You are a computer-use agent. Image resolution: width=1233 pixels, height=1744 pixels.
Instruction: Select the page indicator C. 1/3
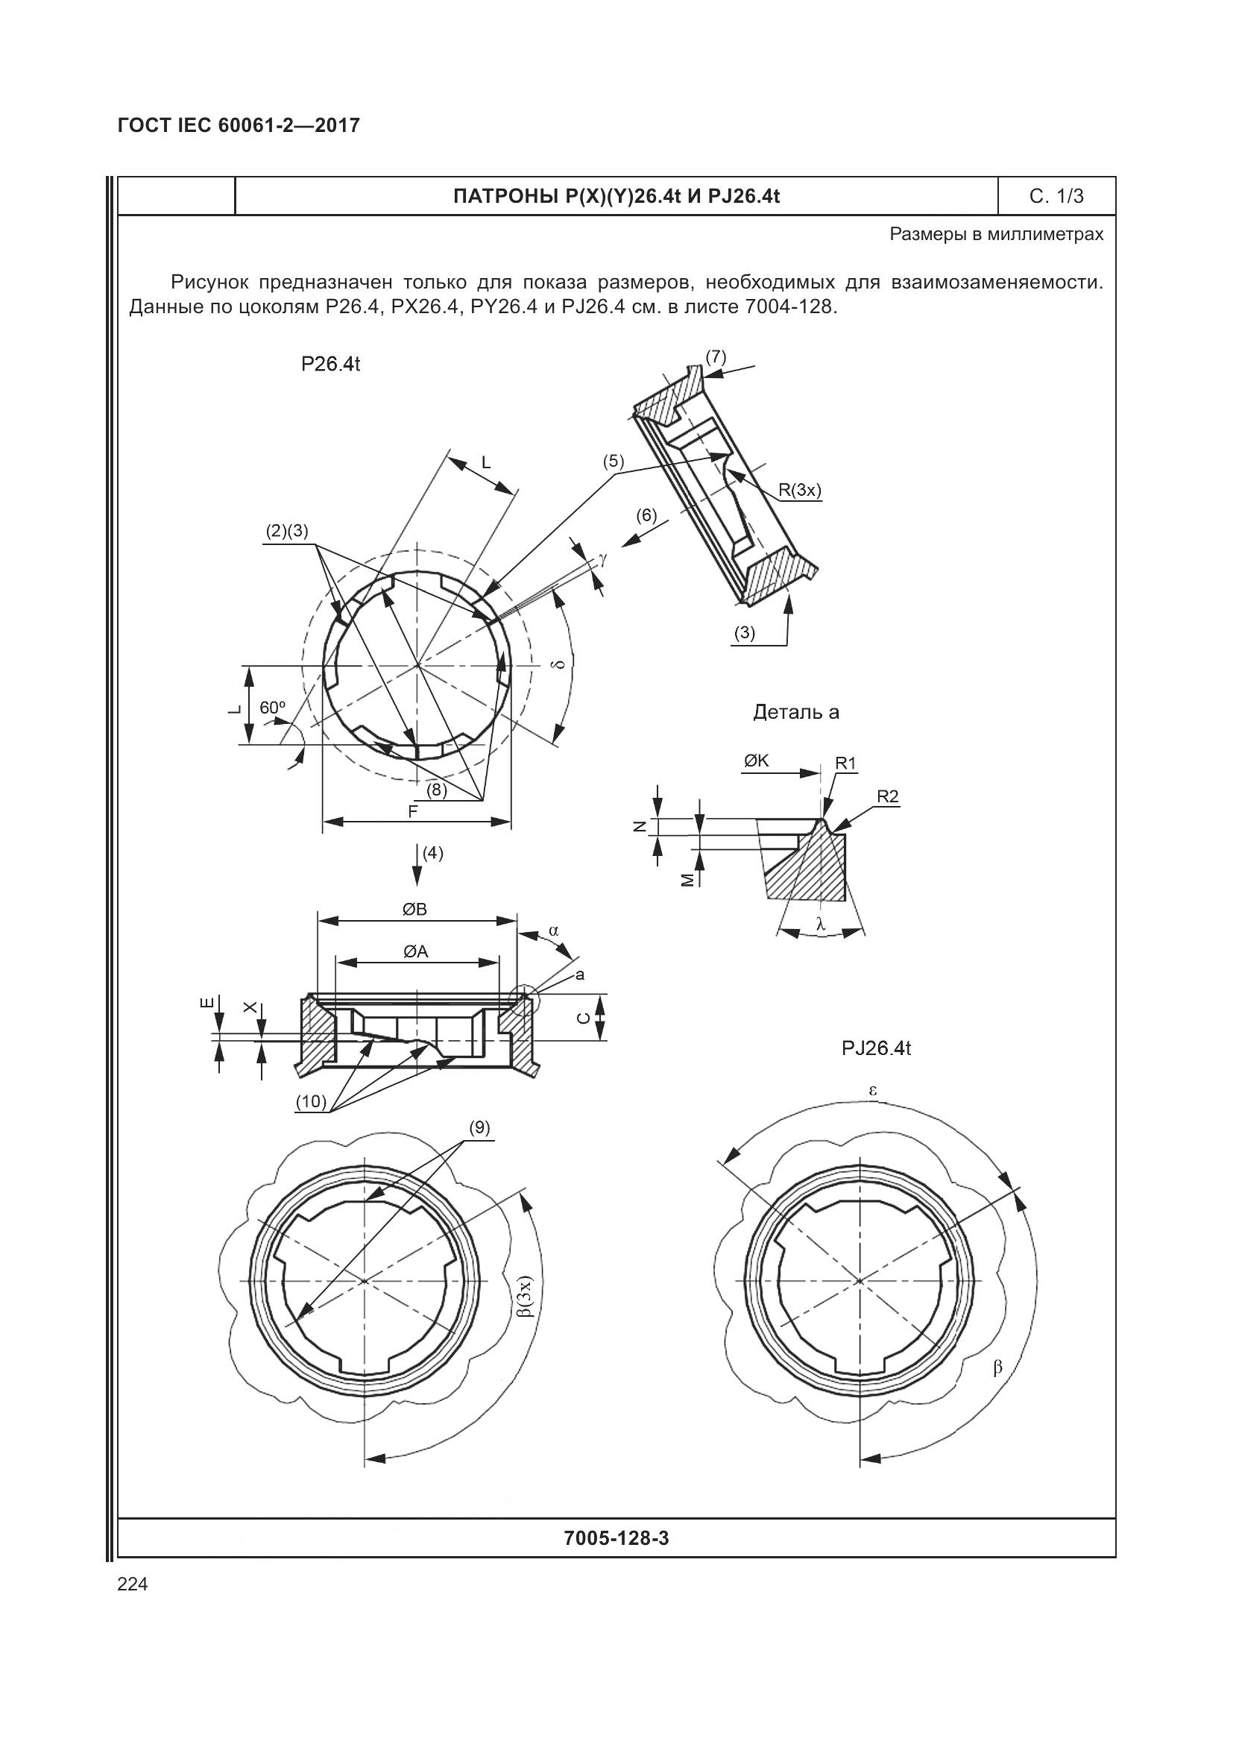pos(1056,196)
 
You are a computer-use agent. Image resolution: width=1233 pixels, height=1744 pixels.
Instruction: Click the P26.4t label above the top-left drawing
pos(330,364)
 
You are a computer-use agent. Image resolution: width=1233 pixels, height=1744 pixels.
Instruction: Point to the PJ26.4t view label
pos(875,1048)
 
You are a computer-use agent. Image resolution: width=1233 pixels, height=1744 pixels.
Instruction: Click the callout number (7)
pos(715,356)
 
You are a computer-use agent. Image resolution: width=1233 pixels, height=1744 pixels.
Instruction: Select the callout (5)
pos(613,461)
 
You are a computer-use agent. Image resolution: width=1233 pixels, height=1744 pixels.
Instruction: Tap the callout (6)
pos(646,515)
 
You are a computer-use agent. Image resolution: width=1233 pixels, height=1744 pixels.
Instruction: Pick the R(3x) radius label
pos(800,490)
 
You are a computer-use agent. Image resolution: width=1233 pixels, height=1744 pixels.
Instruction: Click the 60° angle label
pos(273,707)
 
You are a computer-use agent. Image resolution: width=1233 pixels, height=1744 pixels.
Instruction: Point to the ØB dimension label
pos(414,909)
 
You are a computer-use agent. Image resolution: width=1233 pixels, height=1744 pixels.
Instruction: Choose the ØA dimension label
pos(415,951)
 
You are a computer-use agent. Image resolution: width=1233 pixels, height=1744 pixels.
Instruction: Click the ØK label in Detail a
pos(756,761)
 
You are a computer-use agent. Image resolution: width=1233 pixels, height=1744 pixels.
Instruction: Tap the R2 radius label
pos(887,796)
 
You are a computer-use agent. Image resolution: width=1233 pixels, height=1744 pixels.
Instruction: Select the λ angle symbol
pos(820,925)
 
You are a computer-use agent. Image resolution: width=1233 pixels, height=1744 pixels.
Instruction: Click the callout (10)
pos(312,1101)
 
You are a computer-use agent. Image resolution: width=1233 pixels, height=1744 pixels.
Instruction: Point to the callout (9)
pos(479,1127)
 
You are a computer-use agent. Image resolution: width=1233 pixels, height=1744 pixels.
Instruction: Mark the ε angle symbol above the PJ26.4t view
pos(873,1090)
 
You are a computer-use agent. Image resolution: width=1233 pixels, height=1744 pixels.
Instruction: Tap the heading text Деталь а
pos(795,713)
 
